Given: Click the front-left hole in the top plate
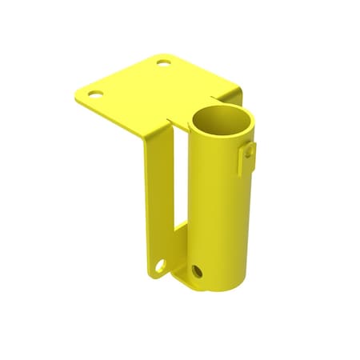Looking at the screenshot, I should [x=95, y=94].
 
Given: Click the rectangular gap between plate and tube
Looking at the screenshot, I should [x=181, y=192].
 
